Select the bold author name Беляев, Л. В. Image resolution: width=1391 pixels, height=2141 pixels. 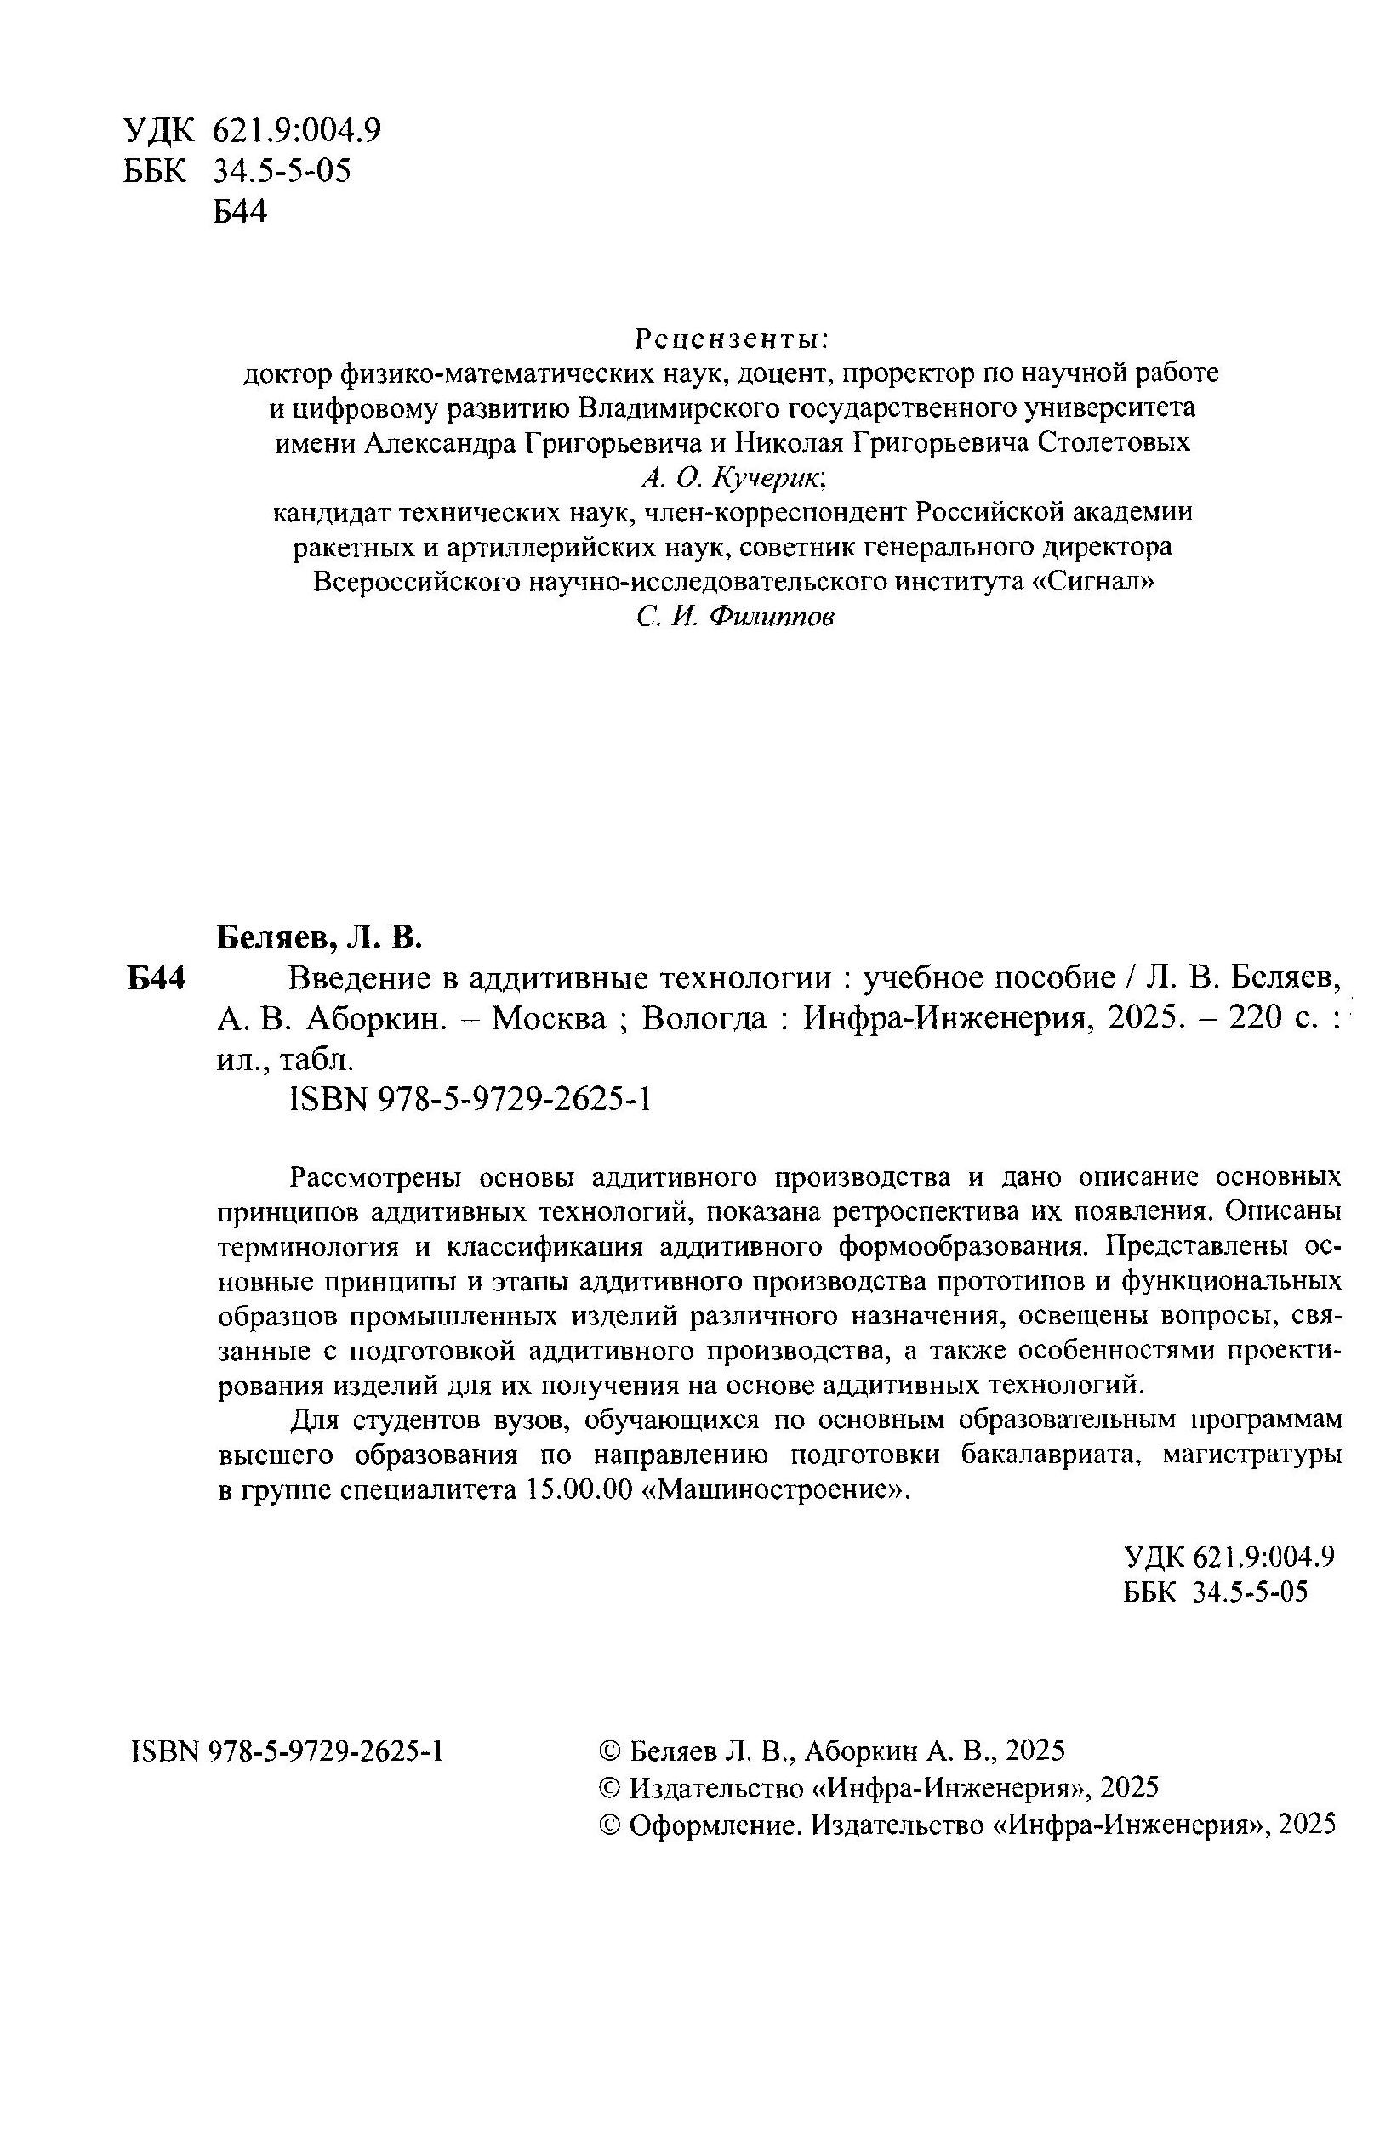coord(318,938)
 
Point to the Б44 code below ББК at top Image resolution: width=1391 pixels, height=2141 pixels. coord(240,213)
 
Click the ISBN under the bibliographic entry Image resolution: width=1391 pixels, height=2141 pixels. coord(471,1099)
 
